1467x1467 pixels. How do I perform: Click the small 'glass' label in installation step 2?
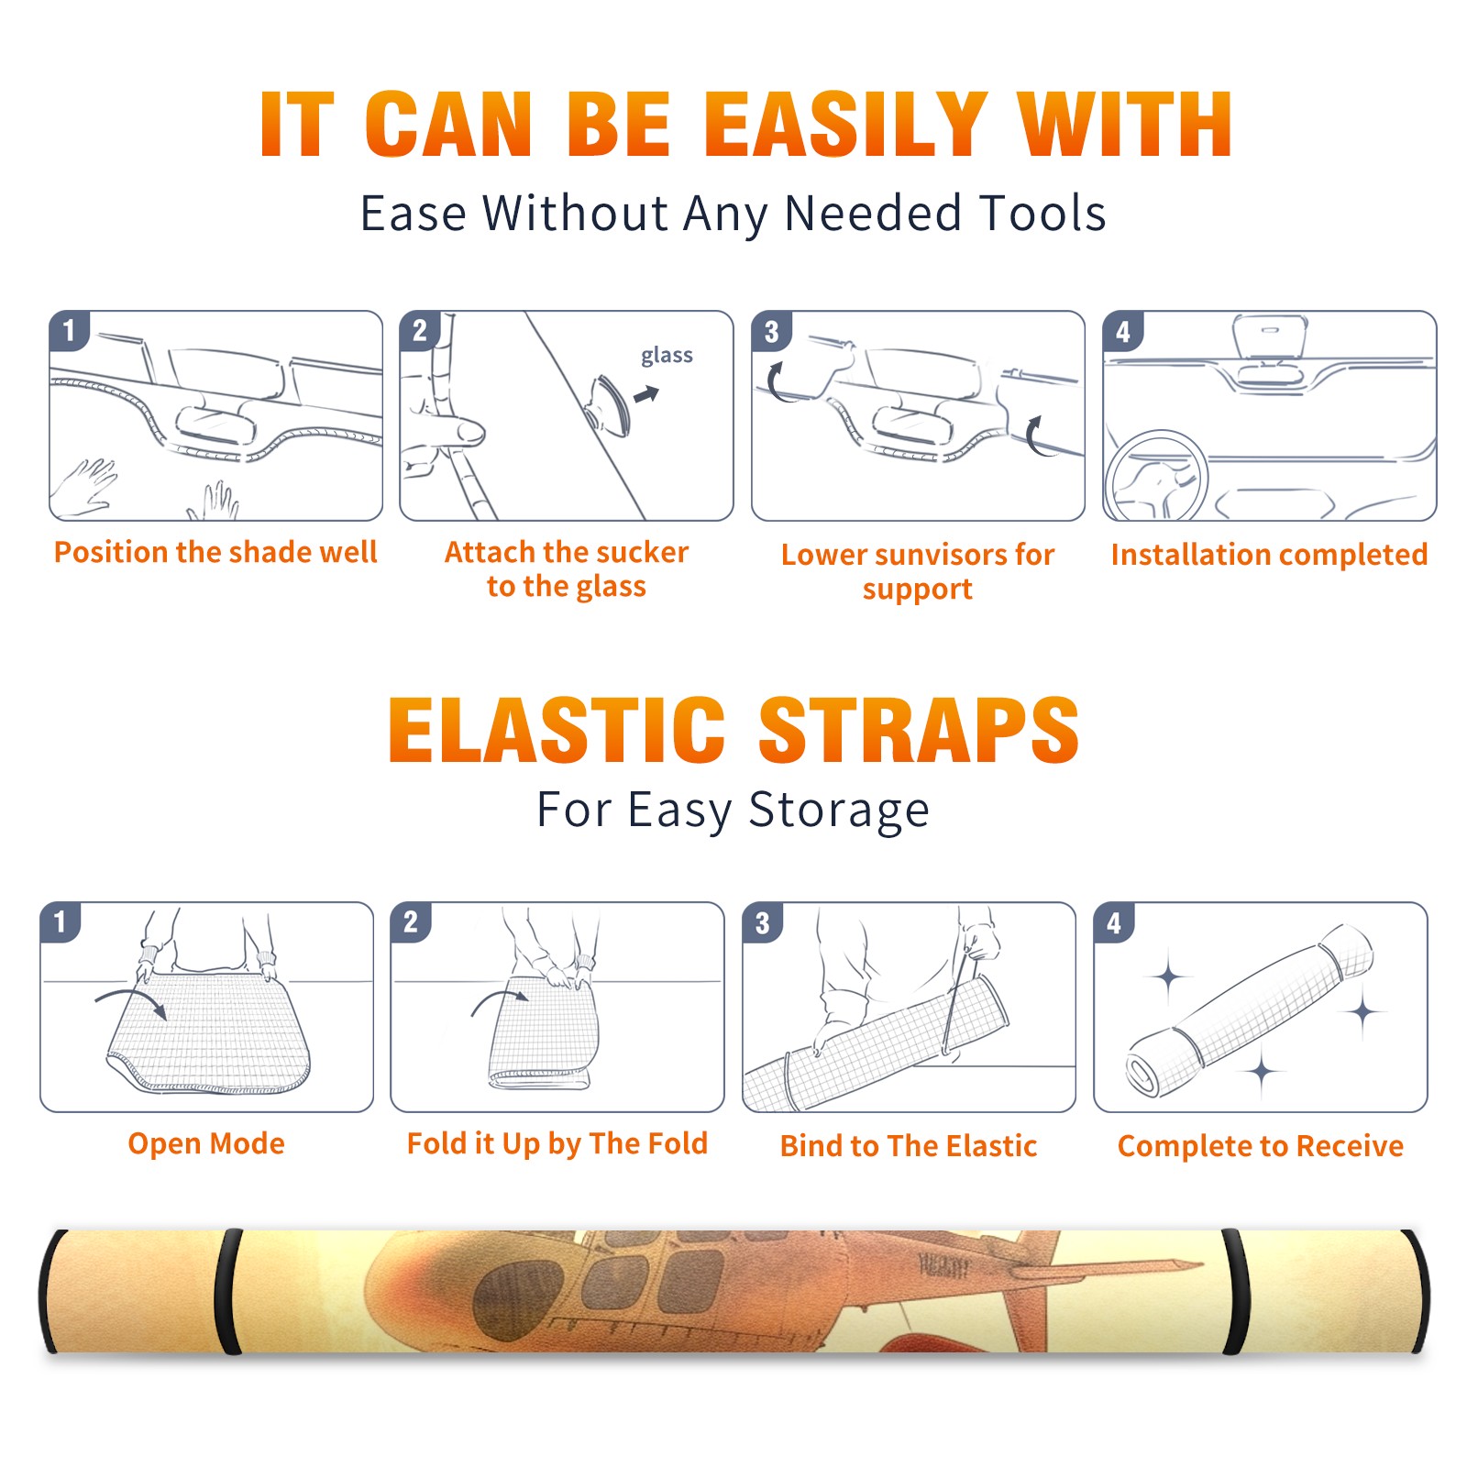(667, 356)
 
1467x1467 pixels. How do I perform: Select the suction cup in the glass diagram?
(611, 404)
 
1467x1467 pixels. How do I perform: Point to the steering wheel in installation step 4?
(1156, 478)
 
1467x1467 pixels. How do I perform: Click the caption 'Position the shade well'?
(215, 552)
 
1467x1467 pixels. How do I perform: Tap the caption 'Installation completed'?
(1269, 555)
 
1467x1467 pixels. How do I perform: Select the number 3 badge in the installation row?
(771, 331)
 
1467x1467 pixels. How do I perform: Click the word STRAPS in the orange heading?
(920, 730)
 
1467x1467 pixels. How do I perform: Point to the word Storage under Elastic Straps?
(839, 811)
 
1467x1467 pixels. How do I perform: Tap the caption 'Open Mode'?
(206, 1143)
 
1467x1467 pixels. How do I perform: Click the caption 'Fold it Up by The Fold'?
(557, 1143)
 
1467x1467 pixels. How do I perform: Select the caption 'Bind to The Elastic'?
(909, 1146)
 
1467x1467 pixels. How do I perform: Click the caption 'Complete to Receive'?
(1261, 1146)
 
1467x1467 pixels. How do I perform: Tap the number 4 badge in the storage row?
(1114, 922)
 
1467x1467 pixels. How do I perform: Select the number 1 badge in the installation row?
(69, 330)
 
